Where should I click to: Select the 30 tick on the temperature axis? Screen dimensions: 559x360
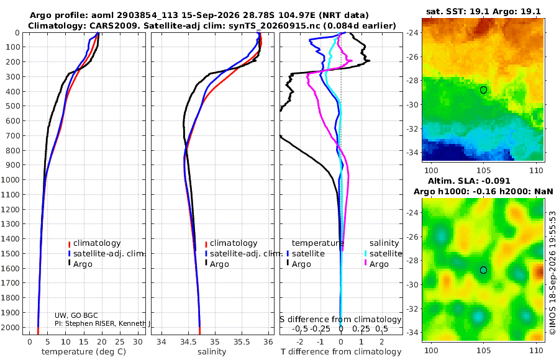(x=138, y=342)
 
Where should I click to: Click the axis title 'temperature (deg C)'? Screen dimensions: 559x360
(x=84, y=352)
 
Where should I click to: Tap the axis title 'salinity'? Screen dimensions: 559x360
(x=212, y=352)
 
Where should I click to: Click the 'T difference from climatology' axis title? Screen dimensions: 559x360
(x=341, y=352)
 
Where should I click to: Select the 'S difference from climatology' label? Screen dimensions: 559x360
(x=340, y=320)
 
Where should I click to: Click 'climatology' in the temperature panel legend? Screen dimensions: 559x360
(x=97, y=243)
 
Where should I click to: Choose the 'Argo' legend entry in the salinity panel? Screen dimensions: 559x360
(x=219, y=264)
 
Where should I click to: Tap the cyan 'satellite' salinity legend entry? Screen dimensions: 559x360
(x=385, y=253)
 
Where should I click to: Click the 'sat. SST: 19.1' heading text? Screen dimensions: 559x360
(x=457, y=11)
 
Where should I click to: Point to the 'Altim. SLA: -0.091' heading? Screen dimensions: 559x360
(x=469, y=181)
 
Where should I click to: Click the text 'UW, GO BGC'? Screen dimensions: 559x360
(x=76, y=315)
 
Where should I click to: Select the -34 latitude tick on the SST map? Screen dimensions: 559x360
(x=412, y=153)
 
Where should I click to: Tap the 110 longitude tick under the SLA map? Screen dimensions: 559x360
(x=536, y=350)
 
